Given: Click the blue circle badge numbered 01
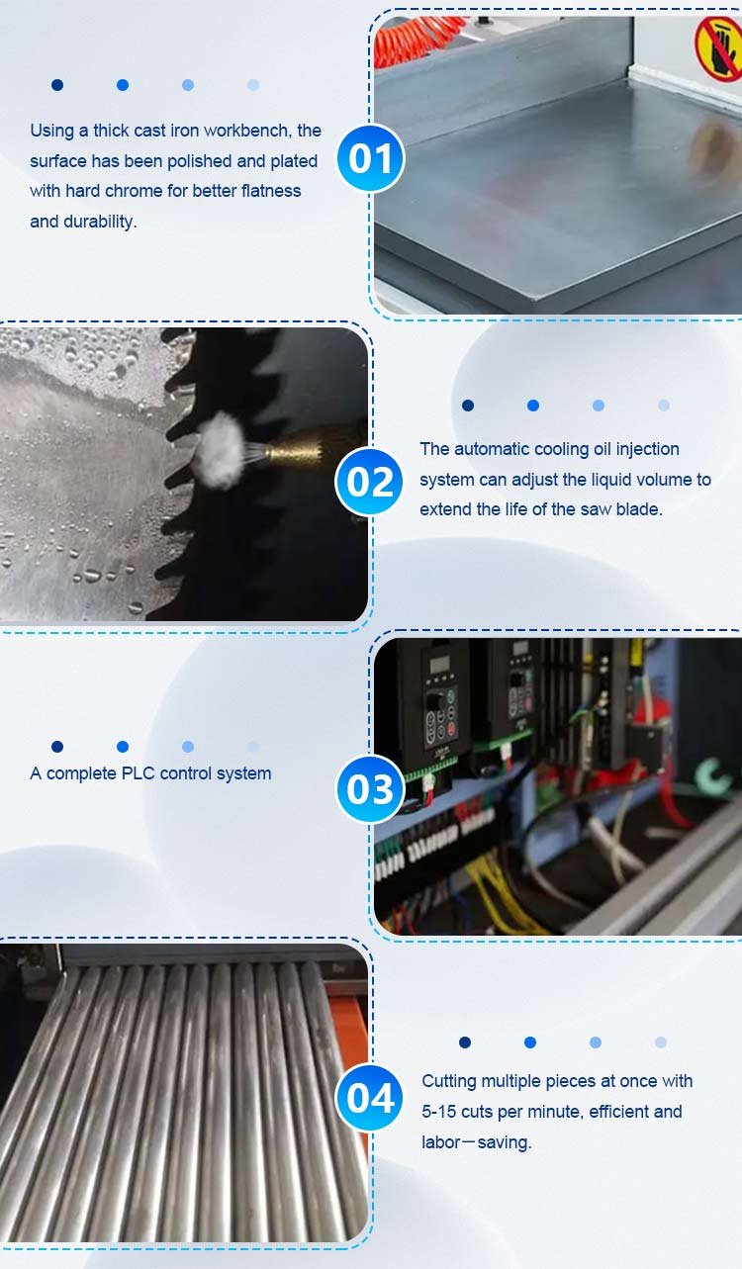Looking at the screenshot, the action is [x=370, y=158].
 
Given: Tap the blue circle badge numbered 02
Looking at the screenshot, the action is [x=369, y=482].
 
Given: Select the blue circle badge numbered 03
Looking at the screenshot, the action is [x=370, y=789].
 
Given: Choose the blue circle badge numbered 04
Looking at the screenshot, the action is [x=370, y=1097].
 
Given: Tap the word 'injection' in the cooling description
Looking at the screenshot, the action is [x=647, y=450].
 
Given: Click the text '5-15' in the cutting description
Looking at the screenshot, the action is [x=438, y=1111].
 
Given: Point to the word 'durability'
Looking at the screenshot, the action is [x=100, y=222].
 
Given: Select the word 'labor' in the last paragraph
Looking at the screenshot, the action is [x=440, y=1141].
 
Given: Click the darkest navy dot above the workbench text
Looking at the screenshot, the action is [x=57, y=85].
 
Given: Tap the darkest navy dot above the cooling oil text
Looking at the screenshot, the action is [x=468, y=406].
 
